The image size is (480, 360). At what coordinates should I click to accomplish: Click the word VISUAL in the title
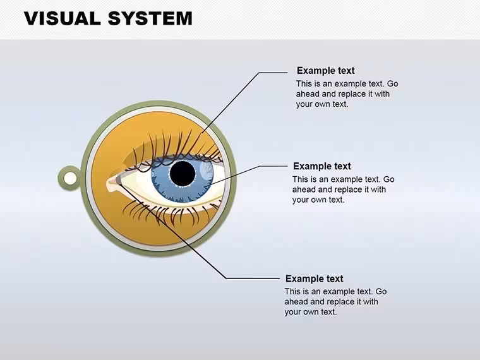[63, 18]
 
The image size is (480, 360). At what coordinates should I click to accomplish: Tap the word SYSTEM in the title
[150, 18]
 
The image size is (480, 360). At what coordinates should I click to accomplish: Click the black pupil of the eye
[183, 174]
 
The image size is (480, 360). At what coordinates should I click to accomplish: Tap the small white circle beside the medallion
[70, 178]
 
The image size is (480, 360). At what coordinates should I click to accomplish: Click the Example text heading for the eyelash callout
[325, 71]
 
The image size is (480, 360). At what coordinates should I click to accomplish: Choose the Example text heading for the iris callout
[321, 166]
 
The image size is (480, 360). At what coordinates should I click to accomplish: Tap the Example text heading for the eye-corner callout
[314, 279]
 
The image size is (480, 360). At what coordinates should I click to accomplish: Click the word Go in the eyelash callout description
[392, 83]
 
